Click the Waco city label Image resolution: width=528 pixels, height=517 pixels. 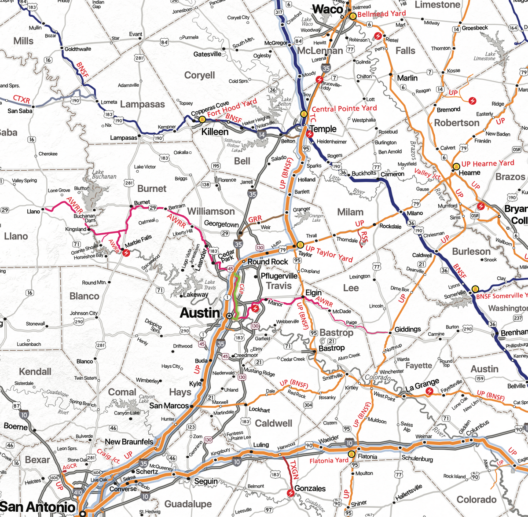pyautogui.click(x=327, y=9)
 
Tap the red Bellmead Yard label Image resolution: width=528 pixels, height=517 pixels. pyautogui.click(x=381, y=14)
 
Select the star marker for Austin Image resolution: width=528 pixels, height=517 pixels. pyautogui.click(x=229, y=316)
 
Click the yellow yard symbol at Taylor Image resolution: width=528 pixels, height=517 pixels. pyautogui.click(x=300, y=245)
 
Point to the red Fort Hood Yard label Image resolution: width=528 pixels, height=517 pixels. pyautogui.click(x=232, y=108)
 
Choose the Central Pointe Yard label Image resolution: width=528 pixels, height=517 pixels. pyautogui.click(x=344, y=108)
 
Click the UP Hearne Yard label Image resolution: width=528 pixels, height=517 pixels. pyautogui.click(x=488, y=164)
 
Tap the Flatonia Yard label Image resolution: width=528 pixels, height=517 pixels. pyautogui.click(x=329, y=461)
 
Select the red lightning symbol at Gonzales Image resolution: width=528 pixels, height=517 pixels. pyautogui.click(x=290, y=493)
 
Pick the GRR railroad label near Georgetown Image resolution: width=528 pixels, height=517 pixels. pyautogui.click(x=255, y=219)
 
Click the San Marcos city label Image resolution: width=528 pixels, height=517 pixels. pyautogui.click(x=169, y=406)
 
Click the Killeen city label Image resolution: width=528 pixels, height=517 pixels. pyautogui.click(x=215, y=132)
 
